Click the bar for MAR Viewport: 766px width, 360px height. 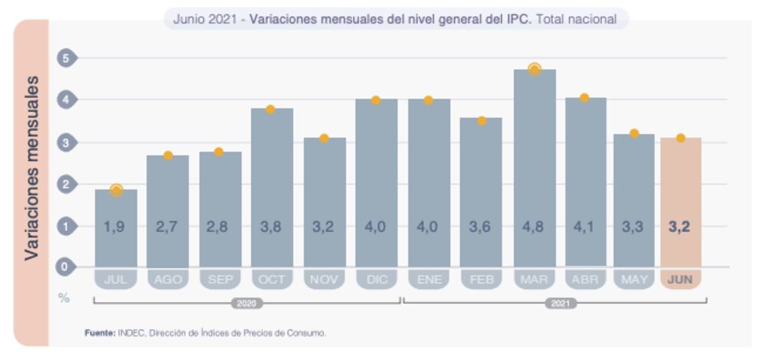click(x=534, y=169)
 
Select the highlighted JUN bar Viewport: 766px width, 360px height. click(x=680, y=202)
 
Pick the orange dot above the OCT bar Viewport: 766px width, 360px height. click(x=270, y=110)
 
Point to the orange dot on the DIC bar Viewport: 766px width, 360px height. click(x=376, y=100)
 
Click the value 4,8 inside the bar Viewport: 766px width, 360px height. click(x=534, y=227)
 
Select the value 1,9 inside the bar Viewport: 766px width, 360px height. click(x=116, y=227)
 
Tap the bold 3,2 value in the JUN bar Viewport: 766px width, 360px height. click(x=680, y=227)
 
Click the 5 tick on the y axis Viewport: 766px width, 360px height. click(x=66, y=58)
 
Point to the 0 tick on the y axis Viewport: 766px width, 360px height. click(x=66, y=267)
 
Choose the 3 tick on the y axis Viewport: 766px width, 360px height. click(x=66, y=142)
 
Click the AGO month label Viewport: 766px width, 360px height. click(x=168, y=280)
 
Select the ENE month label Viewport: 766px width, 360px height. click(x=429, y=280)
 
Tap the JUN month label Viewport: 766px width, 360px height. click(x=680, y=280)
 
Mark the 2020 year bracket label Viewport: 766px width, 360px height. click(x=247, y=303)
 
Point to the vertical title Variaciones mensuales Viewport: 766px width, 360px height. click(x=31, y=168)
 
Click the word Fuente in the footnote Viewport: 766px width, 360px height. click(x=100, y=333)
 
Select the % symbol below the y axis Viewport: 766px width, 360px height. click(x=64, y=297)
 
